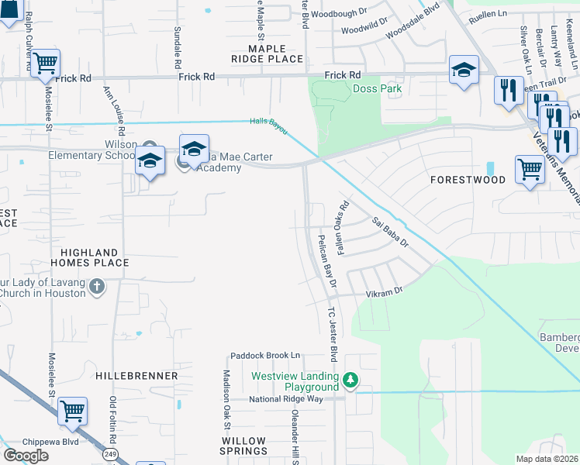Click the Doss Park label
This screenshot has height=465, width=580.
[x=377, y=89]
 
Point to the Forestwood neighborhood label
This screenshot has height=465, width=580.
[x=468, y=180]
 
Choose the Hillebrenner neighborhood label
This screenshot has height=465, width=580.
[x=136, y=375]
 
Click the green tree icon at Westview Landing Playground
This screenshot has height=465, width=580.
[x=350, y=379]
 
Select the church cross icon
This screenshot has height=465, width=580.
[x=97, y=288]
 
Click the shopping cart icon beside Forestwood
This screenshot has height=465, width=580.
[x=530, y=167]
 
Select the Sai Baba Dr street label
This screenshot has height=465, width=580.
[x=389, y=232]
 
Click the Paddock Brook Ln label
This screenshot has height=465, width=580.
[x=264, y=356]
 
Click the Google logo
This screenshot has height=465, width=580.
[x=26, y=456]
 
